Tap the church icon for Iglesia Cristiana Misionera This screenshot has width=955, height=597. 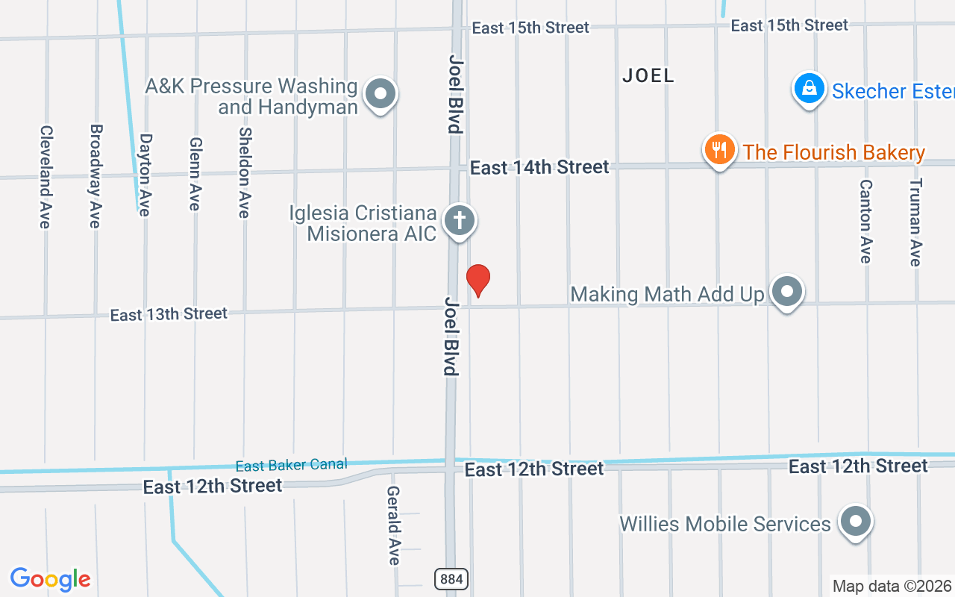click(x=460, y=221)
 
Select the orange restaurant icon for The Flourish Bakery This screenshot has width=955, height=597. click(x=719, y=149)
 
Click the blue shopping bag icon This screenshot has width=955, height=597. click(x=809, y=90)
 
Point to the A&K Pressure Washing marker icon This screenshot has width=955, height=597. click(x=381, y=95)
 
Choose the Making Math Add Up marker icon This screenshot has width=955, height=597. click(x=786, y=292)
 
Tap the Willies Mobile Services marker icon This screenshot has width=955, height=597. click(x=855, y=522)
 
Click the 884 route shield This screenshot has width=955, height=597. click(x=451, y=578)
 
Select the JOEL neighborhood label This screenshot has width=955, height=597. click(x=648, y=75)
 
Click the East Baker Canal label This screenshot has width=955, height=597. click(x=291, y=466)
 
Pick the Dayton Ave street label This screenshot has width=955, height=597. click(x=145, y=175)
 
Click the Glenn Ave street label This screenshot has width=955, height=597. click(x=195, y=174)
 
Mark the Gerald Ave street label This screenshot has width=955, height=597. click(x=393, y=525)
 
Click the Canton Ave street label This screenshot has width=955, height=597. click(x=865, y=222)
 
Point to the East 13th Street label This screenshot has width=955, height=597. click(x=169, y=314)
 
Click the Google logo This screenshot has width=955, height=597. click(x=51, y=579)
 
